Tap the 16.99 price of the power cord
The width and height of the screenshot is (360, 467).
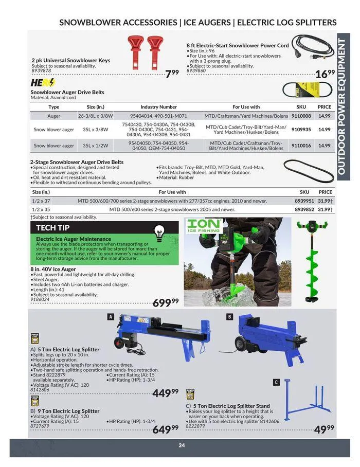325,74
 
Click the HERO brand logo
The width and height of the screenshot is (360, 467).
43,83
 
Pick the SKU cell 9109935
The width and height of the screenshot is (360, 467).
301,130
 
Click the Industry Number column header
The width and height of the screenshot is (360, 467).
158,107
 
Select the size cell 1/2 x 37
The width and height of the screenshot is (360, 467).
41,201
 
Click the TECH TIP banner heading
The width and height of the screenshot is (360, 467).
53,227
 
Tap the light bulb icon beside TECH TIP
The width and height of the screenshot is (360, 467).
160,231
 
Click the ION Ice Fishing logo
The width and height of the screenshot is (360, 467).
204,225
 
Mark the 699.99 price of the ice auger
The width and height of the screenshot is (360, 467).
166,303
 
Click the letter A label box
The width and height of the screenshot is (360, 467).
110,317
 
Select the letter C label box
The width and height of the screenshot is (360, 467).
276,382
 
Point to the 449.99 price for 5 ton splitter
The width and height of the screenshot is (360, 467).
166,393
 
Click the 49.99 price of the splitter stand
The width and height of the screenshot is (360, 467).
323,429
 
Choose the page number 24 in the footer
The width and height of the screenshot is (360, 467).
182,445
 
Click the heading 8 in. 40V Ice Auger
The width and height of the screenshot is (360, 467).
53,269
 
